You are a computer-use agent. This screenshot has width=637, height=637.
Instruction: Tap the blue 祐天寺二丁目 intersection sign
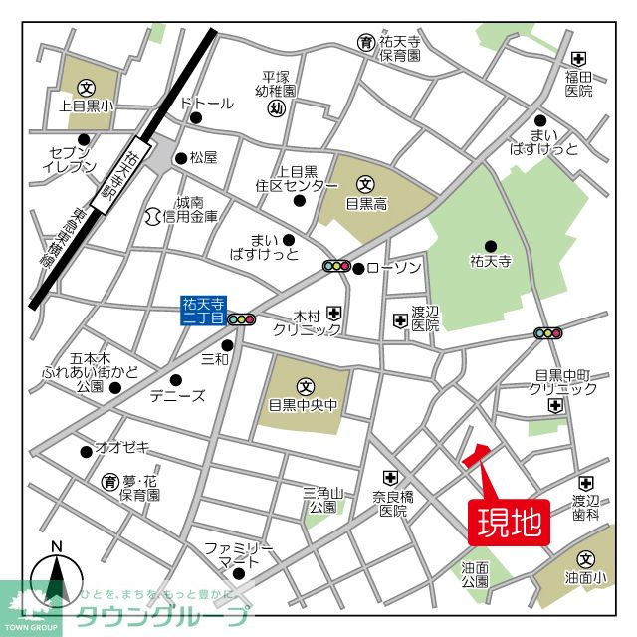(x=203, y=311)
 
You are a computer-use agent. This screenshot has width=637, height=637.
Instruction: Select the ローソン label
(x=395, y=267)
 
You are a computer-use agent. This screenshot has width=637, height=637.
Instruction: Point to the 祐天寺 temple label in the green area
(x=490, y=263)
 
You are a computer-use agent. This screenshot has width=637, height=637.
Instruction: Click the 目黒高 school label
(x=365, y=201)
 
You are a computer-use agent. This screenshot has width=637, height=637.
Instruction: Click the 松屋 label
(x=203, y=157)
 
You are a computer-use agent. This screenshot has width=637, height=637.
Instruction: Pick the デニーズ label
(x=177, y=395)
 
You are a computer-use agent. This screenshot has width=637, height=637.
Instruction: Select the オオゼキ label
(x=120, y=447)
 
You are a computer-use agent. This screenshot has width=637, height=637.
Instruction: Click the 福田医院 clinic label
(x=578, y=84)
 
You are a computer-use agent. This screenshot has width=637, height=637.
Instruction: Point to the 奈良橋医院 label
(x=392, y=503)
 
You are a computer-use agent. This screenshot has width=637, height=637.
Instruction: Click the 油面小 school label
(x=585, y=577)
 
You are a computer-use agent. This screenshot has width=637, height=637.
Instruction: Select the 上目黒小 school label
(x=87, y=104)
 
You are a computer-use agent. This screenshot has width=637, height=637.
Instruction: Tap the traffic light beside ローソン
(x=337, y=267)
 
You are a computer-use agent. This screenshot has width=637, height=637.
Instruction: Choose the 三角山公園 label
(x=322, y=499)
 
